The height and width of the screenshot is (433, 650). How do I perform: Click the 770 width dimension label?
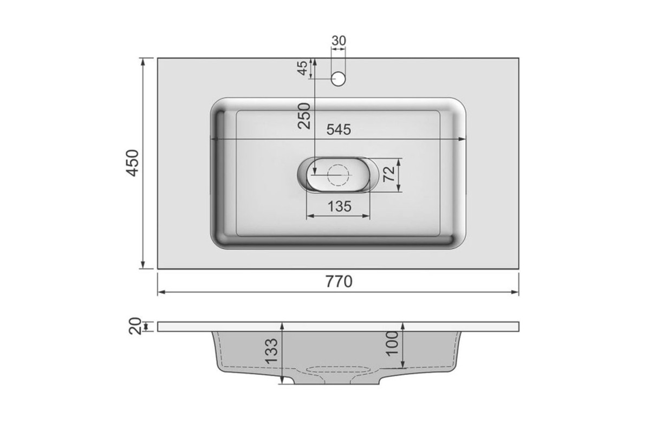(339, 281)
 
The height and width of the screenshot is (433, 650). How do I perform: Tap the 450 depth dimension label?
(132, 163)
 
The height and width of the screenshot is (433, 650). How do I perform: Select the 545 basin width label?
(339, 129)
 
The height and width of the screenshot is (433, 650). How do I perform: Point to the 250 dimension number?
(304, 116)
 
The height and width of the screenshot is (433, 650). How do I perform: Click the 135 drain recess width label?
(340, 207)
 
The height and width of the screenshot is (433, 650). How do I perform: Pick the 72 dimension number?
(389, 174)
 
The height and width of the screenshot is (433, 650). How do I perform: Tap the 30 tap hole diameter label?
(339, 41)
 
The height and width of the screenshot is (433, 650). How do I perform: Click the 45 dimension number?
(303, 68)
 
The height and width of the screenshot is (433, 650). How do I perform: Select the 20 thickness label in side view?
(135, 326)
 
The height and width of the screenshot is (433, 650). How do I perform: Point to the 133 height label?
(272, 351)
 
